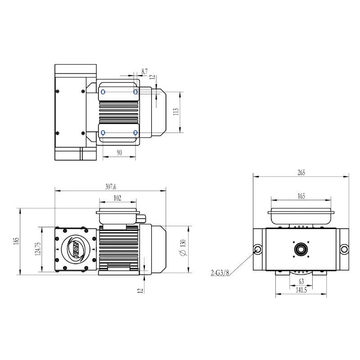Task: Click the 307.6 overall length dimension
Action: [110, 187]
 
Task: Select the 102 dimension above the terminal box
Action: [117, 198]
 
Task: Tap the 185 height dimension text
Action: [16, 241]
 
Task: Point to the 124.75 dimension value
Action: [38, 249]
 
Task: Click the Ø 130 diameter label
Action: [183, 248]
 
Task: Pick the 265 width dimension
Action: [301, 173]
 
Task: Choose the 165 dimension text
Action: [301, 196]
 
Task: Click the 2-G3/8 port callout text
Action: [220, 273]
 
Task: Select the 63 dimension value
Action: [301, 282]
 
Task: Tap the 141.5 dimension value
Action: [301, 290]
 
